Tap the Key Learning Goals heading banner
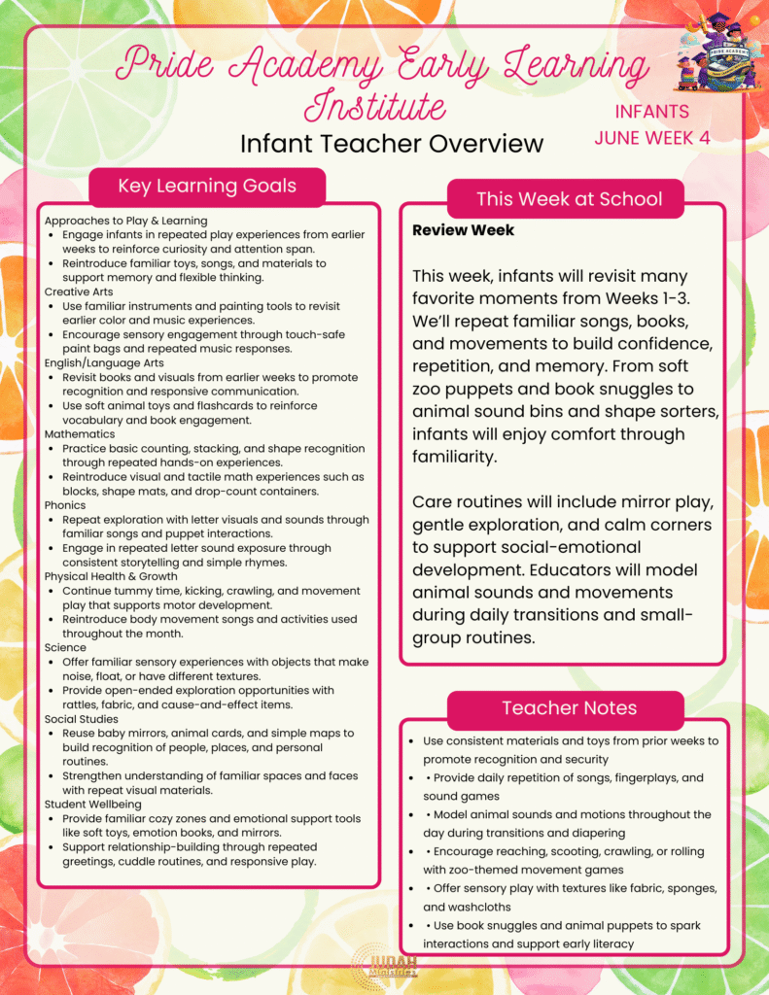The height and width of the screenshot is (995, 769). pyautogui.click(x=207, y=186)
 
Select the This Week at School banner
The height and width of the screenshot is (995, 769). pyautogui.click(x=569, y=199)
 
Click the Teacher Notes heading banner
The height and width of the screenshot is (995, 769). pyautogui.click(x=569, y=708)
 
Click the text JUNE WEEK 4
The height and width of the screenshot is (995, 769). pyautogui.click(x=652, y=138)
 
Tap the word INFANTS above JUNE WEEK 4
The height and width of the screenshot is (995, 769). pyautogui.click(x=652, y=112)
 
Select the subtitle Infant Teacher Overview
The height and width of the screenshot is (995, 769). pyautogui.click(x=392, y=144)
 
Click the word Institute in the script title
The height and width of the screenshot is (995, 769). pyautogui.click(x=375, y=106)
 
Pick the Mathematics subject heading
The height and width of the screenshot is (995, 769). pyautogui.click(x=80, y=434)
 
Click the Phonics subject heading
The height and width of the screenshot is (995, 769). pyautogui.click(x=66, y=505)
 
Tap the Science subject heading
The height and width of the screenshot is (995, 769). pyautogui.click(x=65, y=647)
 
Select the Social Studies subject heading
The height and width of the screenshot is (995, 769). pyautogui.click(x=81, y=719)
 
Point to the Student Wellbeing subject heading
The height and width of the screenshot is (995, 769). pyautogui.click(x=92, y=805)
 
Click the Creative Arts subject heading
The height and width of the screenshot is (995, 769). pyautogui.click(x=79, y=292)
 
